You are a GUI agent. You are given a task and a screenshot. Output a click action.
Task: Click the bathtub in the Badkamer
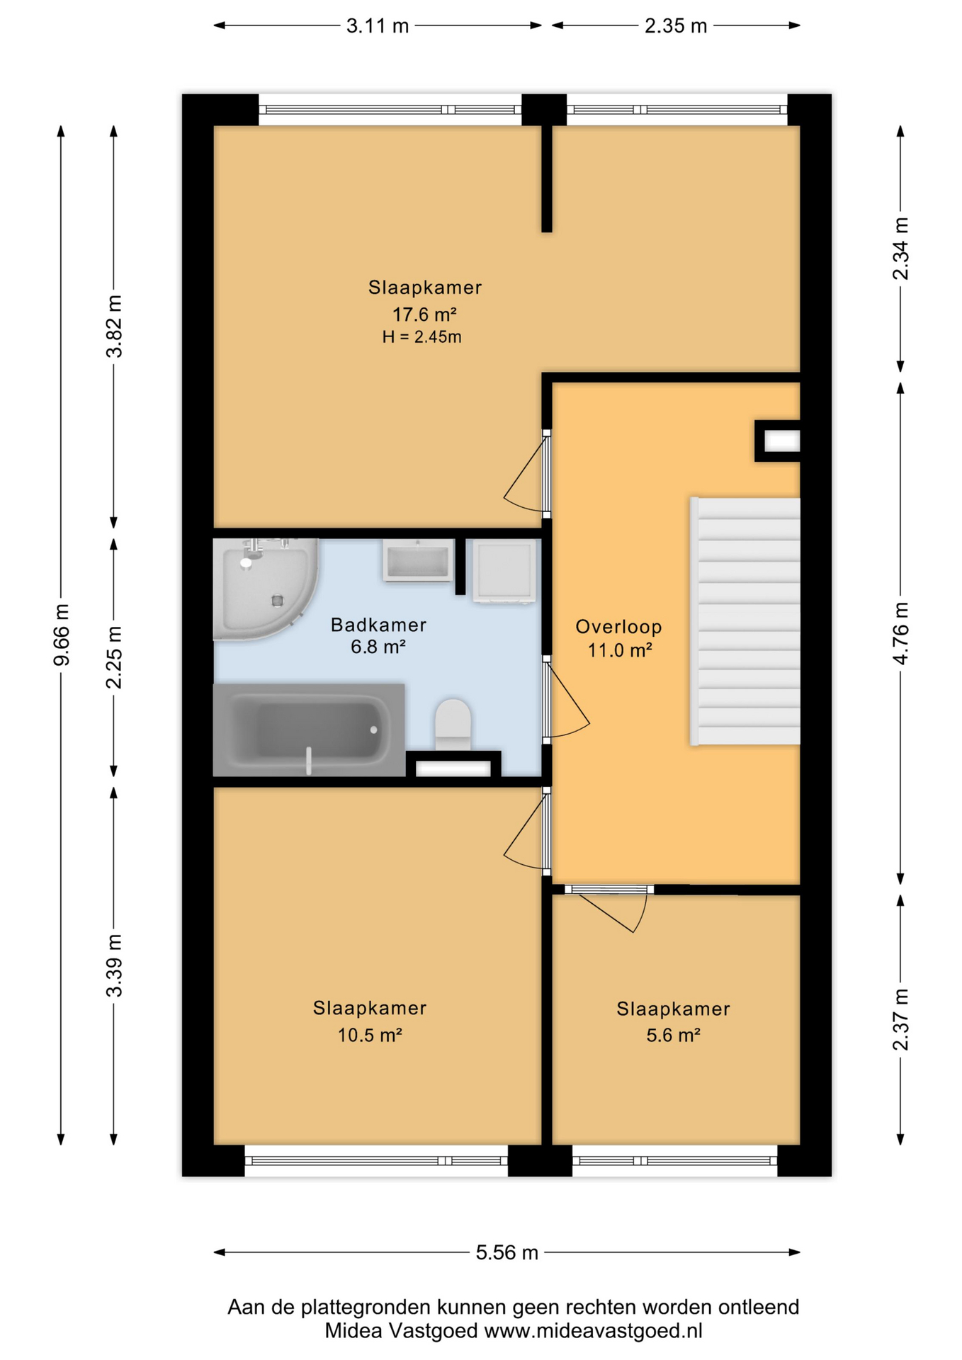pos(309,730)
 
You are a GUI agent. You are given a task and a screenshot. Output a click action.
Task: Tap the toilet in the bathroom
pos(453,725)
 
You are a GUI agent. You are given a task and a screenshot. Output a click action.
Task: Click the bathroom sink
pos(418,560)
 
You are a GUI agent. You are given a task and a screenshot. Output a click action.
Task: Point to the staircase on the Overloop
pos(745,621)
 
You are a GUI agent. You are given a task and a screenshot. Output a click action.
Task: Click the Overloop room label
pos(618,627)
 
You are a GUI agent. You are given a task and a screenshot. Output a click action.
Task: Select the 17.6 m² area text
pos(424,314)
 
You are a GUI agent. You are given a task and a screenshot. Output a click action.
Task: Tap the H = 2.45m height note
pos(422,337)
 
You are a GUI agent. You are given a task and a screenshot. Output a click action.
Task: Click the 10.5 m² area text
pos(370,1035)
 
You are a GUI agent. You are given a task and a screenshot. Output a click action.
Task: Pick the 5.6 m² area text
pos(673,1035)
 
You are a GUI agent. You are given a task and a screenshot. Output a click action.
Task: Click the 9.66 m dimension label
pos(62,635)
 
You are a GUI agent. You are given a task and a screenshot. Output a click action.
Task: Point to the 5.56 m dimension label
pos(507,1252)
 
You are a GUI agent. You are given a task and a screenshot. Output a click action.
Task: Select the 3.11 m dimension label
pos(378,26)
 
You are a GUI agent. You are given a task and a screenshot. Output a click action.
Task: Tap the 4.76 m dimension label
pos(900,634)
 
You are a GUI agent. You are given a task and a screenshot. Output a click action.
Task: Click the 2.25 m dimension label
pos(114,657)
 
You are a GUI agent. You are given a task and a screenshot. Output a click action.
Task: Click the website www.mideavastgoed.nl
pos(593,1331)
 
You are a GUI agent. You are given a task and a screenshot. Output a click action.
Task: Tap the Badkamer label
pos(378,625)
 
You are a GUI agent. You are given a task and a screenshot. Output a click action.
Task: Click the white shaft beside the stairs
pos(781,441)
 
